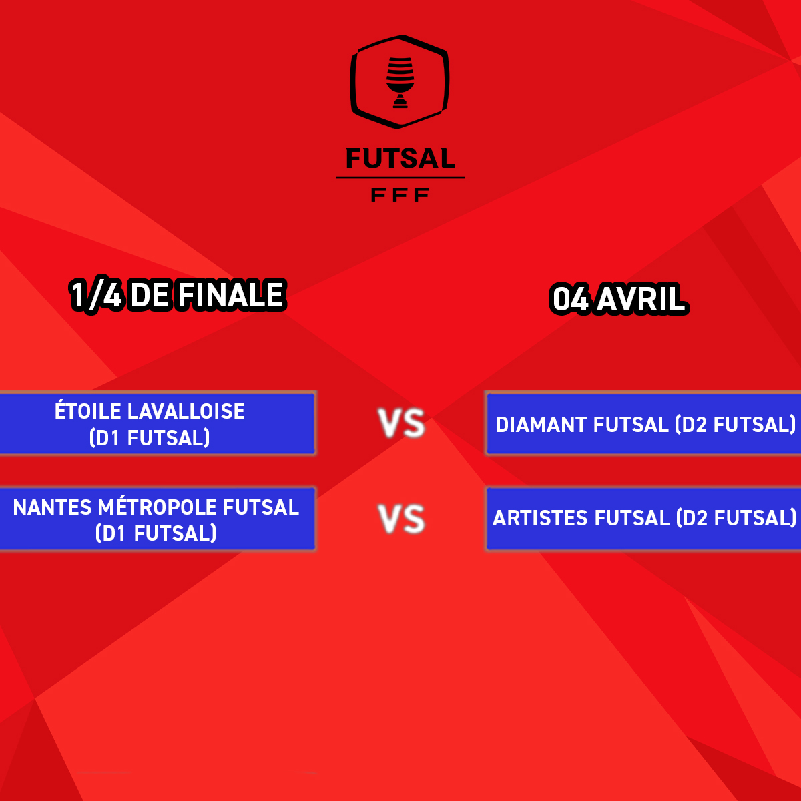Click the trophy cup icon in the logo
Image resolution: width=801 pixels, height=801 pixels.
[400, 83]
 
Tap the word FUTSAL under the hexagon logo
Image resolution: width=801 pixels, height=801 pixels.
[400, 158]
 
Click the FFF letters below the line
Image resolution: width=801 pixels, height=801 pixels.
[400, 194]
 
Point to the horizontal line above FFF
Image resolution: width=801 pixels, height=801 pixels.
[400, 178]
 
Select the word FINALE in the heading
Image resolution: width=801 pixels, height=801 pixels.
[231, 295]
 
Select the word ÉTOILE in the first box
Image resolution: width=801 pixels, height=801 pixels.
[87, 411]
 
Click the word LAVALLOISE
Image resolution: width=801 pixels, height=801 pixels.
[186, 411]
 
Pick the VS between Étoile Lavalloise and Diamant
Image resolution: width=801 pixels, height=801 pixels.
[402, 423]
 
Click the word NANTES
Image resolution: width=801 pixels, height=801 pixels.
[52, 507]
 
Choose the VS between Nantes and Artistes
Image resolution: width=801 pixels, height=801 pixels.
[402, 519]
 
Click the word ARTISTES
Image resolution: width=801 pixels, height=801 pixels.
[541, 518]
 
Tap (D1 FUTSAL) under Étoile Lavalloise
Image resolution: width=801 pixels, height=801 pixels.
[150, 437]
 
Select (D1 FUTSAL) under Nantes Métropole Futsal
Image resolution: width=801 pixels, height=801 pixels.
[156, 533]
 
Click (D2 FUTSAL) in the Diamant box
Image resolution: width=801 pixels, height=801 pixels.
[735, 425]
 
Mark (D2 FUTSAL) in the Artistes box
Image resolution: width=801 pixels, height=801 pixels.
[736, 518]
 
